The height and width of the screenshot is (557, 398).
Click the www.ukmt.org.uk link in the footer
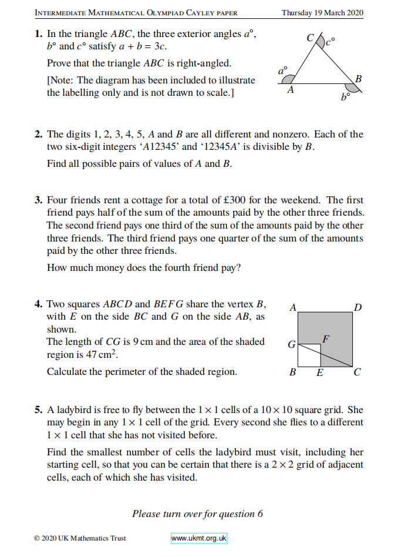tap(199, 538)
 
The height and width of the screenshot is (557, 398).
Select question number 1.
tap(38, 35)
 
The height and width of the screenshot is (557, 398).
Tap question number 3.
tap(38, 200)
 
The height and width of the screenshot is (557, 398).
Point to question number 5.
tap(38, 410)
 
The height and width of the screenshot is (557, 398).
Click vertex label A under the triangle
tap(290, 90)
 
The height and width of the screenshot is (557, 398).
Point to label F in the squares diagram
tap(326, 339)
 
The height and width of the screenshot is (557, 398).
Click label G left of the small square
tap(291, 345)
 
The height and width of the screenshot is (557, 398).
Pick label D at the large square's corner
tap(357, 307)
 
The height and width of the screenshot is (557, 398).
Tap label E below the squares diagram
tap(320, 373)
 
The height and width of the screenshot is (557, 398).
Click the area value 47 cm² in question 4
tap(104, 355)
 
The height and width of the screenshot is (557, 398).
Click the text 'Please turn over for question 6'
tap(197, 514)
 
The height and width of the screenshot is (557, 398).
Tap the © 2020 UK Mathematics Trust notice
tap(80, 538)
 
